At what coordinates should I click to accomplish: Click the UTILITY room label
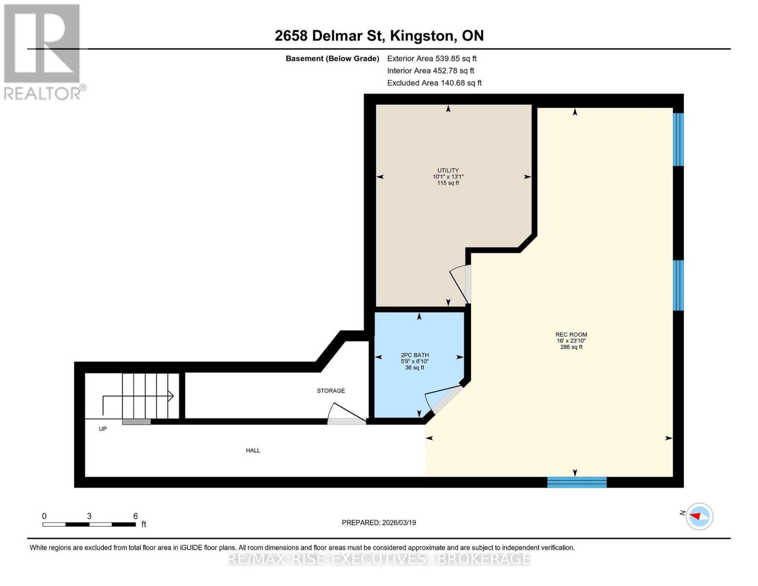(448, 171)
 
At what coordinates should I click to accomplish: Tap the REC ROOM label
(571, 335)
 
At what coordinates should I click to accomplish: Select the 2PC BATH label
(414, 356)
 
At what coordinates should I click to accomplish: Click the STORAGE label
(330, 391)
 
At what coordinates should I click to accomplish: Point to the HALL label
(253, 451)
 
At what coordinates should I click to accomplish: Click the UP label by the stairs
(102, 429)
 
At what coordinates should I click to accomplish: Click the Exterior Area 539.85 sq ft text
(431, 59)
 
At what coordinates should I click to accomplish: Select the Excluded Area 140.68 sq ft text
(434, 83)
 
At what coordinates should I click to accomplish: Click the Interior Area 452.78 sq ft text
(430, 71)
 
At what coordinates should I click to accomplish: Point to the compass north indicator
(698, 516)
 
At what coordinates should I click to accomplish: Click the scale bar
(89, 524)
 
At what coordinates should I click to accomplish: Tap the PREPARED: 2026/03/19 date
(379, 523)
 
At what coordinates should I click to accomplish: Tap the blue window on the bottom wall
(576, 482)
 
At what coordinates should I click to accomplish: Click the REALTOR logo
(43, 51)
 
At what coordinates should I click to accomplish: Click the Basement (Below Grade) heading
(332, 59)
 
